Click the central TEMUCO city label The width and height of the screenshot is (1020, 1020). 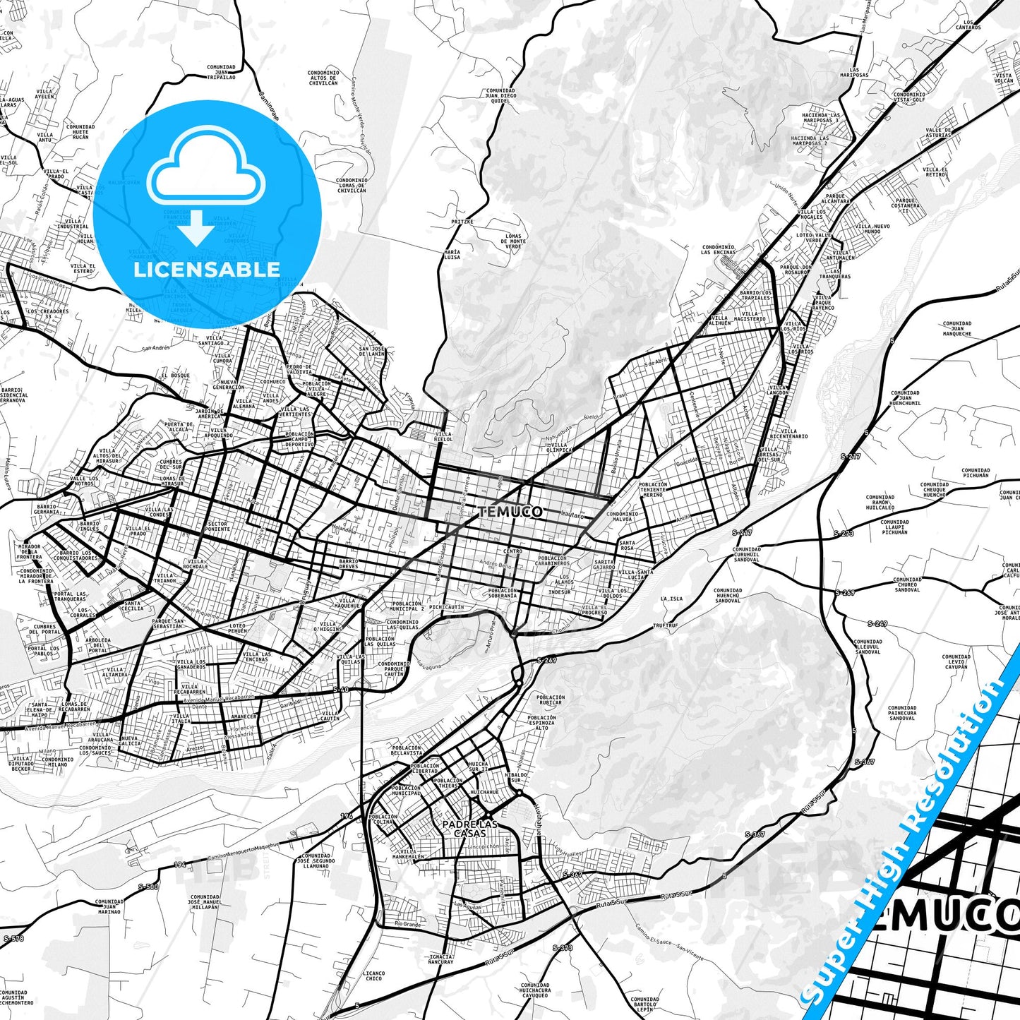coord(510,512)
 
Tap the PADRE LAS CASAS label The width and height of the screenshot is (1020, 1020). coord(470,829)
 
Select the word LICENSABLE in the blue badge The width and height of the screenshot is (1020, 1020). coord(207,269)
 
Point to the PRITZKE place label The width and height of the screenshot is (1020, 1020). coord(462,221)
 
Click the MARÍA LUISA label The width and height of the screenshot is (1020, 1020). coord(452,254)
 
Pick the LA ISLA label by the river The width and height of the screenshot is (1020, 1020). coord(671,599)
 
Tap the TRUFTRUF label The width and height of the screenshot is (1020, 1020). coord(665,625)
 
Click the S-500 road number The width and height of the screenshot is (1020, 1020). coord(148,887)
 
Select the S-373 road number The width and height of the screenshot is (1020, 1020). coord(562,948)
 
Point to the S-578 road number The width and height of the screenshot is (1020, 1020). coord(13,938)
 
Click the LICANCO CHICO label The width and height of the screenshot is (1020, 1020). coord(374,976)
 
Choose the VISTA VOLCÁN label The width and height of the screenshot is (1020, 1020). coord(1003,78)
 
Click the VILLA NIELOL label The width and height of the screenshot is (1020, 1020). coord(443,436)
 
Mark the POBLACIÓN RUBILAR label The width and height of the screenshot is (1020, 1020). coord(551,700)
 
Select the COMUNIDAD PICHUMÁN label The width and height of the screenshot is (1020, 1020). coord(976,473)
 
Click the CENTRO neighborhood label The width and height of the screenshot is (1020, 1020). coord(512,551)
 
